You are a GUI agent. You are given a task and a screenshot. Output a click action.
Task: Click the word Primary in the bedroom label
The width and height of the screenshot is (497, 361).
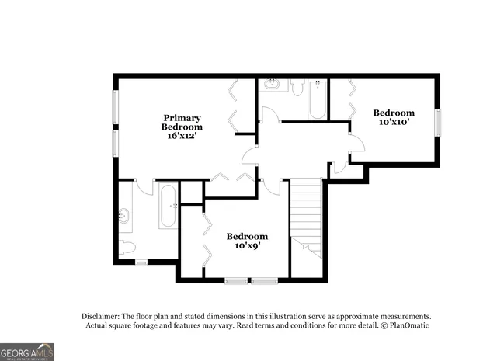[x=182, y=118]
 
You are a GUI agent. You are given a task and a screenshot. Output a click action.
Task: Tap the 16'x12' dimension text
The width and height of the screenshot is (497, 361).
[x=182, y=136]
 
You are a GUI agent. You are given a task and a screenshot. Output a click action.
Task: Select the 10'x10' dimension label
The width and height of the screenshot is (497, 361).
[x=393, y=122]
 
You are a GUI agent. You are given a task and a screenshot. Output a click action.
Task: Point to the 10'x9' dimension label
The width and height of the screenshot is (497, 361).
[x=247, y=245]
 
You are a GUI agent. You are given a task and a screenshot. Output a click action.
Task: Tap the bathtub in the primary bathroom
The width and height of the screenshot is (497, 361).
[x=168, y=206]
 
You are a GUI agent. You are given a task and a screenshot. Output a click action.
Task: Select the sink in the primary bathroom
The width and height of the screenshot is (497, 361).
[x=124, y=215]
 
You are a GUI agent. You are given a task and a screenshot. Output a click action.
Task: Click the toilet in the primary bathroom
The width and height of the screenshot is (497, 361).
[x=128, y=248]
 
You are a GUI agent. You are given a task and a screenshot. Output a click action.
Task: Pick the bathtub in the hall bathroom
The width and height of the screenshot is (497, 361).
[x=318, y=99]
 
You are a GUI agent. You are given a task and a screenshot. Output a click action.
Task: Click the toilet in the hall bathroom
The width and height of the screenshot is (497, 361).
[x=297, y=86]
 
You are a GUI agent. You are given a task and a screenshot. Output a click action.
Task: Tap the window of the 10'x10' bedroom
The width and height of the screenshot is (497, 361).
[x=438, y=123]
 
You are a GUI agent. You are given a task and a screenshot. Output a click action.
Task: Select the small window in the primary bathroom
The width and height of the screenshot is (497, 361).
[x=141, y=263]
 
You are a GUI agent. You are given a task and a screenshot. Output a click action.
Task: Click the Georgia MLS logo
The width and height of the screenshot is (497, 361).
[x=27, y=352]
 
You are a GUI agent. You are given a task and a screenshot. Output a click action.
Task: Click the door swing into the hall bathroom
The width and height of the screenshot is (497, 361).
[x=269, y=116]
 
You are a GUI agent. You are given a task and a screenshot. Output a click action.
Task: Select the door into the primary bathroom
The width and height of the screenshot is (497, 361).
[x=144, y=186]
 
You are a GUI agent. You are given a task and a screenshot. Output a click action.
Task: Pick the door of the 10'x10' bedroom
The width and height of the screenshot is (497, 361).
[x=356, y=143]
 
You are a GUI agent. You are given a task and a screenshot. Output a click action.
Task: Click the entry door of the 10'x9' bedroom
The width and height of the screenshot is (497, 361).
[x=271, y=186]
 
